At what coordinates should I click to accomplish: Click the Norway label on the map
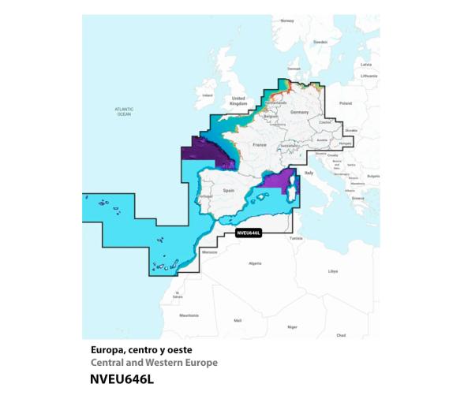(x=287, y=21)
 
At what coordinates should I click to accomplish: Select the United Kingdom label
(x=238, y=101)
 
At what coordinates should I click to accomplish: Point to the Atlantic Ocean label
(x=123, y=111)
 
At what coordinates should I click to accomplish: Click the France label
(x=259, y=146)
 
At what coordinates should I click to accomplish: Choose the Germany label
(x=299, y=113)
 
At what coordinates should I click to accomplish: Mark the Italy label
(x=309, y=172)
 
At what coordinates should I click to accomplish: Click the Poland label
(x=345, y=103)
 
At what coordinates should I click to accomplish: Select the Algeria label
(x=254, y=263)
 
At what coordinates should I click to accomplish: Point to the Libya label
(x=332, y=270)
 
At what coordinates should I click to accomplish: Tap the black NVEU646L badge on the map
(x=249, y=233)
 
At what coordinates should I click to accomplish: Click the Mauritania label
(x=189, y=315)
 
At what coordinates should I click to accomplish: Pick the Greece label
(x=358, y=199)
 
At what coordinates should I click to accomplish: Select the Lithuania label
(x=369, y=76)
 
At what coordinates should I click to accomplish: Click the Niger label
(x=291, y=326)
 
